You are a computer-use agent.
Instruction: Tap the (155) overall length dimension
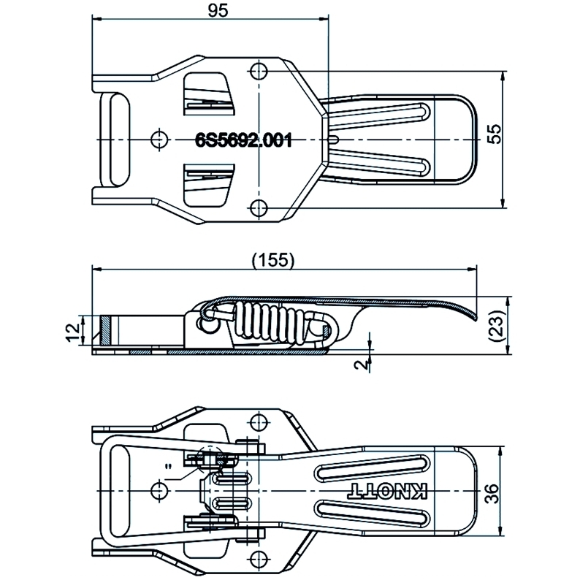[x=271, y=260]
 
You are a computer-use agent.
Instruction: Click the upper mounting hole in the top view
[x=258, y=71]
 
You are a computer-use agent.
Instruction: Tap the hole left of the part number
[x=159, y=139]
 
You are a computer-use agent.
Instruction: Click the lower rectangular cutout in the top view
[x=209, y=186]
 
